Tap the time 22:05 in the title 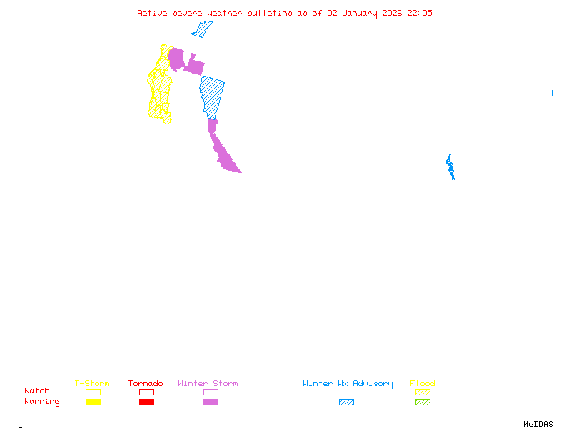(420, 13)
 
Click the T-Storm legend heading (92, 384)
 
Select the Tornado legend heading (146, 384)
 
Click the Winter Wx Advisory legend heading (348, 384)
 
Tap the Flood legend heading (423, 384)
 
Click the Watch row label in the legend (37, 391)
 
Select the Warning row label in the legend (42, 402)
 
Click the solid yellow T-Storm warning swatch (93, 403)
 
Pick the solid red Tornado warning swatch (146, 403)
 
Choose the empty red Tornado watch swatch (146, 392)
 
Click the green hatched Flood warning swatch (423, 403)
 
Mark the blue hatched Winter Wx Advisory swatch (346, 403)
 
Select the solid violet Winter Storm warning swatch (211, 403)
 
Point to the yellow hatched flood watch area (160, 86)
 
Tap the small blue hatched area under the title (202, 29)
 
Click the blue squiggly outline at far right (450, 167)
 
